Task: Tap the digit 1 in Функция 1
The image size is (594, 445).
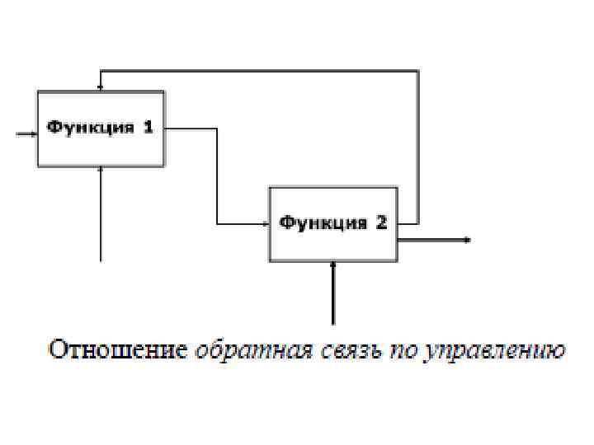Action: pyautogui.click(x=148, y=128)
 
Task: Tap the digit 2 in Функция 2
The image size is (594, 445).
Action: pyautogui.click(x=381, y=223)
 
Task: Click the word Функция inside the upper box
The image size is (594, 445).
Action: pyautogui.click(x=89, y=128)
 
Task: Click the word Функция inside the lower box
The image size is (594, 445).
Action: pyautogui.click(x=323, y=223)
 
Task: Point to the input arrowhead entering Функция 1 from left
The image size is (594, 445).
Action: pyautogui.click(x=33, y=133)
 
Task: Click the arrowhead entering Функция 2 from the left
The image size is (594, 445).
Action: pyautogui.click(x=266, y=223)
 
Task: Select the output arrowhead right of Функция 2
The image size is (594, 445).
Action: pyautogui.click(x=468, y=240)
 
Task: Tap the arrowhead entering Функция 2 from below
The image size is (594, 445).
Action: pyautogui.click(x=333, y=265)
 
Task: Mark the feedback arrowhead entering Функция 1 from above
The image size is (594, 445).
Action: pyautogui.click(x=101, y=87)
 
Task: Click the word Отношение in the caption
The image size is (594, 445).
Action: pyautogui.click(x=118, y=349)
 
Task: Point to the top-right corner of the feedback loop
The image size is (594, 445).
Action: pyautogui.click(x=417, y=71)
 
